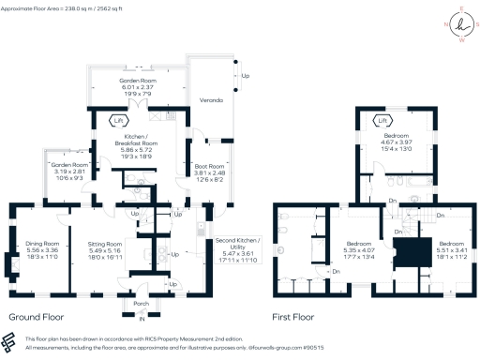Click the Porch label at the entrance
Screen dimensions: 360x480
pyautogui.click(x=142, y=303)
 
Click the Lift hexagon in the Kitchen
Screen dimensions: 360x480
pyautogui.click(x=118, y=120)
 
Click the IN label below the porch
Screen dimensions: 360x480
pyautogui.click(x=142, y=320)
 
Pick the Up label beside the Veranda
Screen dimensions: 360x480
pyautogui.click(x=246, y=76)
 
